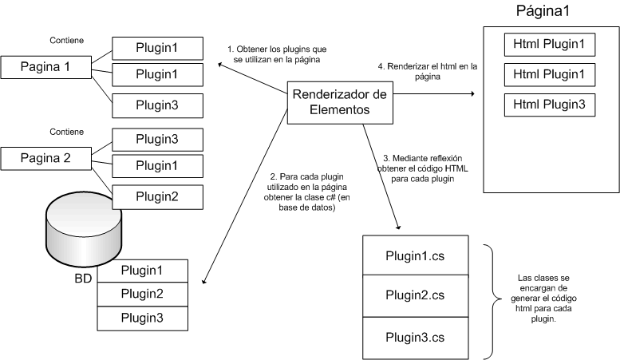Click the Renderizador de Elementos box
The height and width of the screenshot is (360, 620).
(340, 103)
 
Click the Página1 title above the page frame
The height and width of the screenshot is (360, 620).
(543, 12)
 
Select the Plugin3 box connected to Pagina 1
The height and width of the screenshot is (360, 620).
(157, 104)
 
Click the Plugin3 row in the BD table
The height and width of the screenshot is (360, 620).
(142, 317)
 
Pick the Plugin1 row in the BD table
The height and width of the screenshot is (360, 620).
(142, 271)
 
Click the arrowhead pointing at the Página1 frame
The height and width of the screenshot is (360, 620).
(471, 94)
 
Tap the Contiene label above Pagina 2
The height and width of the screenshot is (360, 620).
(66, 130)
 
